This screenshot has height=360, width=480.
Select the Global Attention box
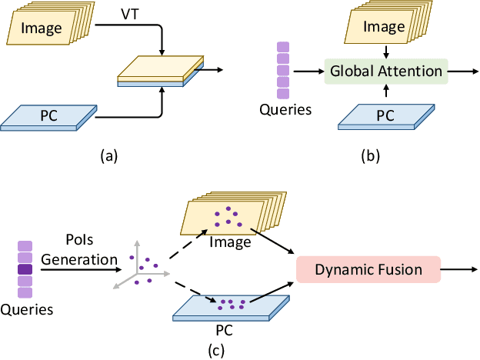coord(386,72)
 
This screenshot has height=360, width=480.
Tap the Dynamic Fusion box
coord(368,270)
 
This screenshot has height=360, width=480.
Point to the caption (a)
coord(108,156)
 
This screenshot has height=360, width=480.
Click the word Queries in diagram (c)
coord(27,309)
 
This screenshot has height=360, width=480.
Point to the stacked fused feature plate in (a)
coord(160,72)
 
